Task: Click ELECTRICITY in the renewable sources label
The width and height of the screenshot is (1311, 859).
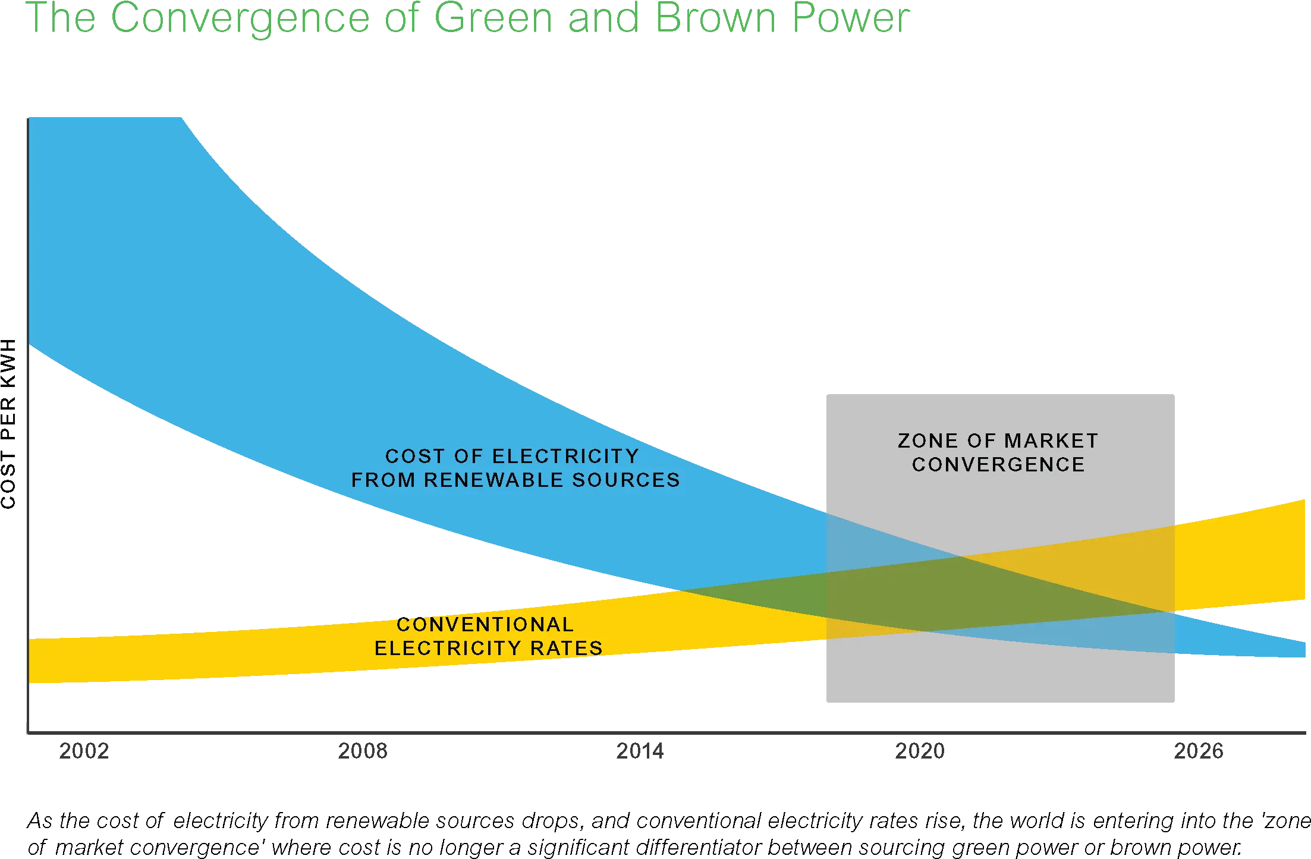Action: [x=566, y=456]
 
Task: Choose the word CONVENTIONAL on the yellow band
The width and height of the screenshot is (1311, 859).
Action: [x=485, y=624]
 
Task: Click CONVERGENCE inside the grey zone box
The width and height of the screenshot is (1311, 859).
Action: [x=999, y=464]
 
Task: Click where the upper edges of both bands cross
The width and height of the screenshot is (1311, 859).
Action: [x=960, y=556]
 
